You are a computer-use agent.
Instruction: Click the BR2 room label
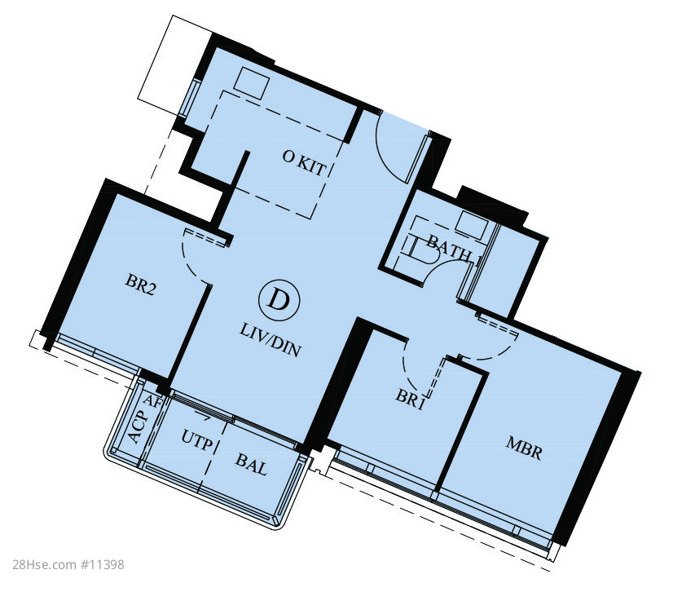(140, 285)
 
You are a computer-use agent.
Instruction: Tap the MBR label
(524, 448)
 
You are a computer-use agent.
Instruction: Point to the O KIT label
(304, 163)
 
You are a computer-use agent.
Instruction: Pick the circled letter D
(279, 300)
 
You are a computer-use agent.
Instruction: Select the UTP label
(197, 440)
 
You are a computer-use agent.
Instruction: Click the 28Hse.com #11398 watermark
(68, 564)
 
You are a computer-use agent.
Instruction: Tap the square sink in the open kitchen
(252, 83)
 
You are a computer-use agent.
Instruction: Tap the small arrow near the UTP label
(204, 415)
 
